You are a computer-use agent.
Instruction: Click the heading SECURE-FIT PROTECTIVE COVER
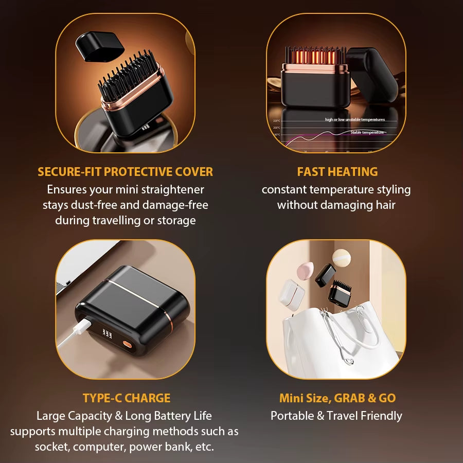point(125,172)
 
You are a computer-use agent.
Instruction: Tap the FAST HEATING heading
point(337,172)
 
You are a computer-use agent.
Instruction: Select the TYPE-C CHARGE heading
point(126,398)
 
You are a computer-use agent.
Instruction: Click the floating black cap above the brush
point(100,45)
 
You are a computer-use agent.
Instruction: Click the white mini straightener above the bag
point(292,295)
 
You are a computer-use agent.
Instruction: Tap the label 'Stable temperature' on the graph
point(367,133)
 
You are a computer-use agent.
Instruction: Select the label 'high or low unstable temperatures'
point(354,119)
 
